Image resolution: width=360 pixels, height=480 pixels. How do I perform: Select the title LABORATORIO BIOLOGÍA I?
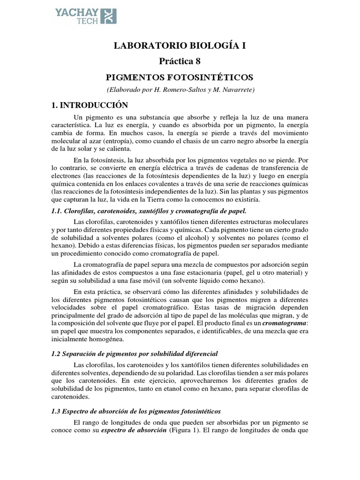click(180, 45)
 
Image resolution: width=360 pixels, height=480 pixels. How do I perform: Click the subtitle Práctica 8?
click(180, 61)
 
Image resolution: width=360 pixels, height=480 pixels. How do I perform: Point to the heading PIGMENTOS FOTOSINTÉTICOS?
click(180, 76)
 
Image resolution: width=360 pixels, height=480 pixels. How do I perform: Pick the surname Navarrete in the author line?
click(232, 90)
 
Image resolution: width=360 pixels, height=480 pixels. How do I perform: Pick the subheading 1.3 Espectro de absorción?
click(136, 411)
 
